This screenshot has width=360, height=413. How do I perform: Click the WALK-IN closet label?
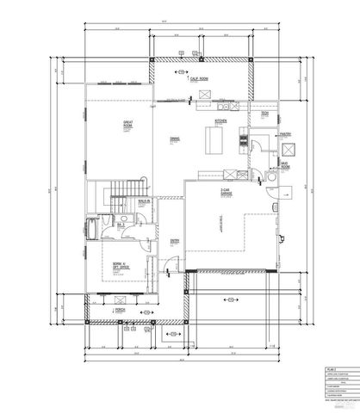144,203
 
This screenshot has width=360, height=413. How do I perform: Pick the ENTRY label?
174,241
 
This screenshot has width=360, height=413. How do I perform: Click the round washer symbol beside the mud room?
270,175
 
